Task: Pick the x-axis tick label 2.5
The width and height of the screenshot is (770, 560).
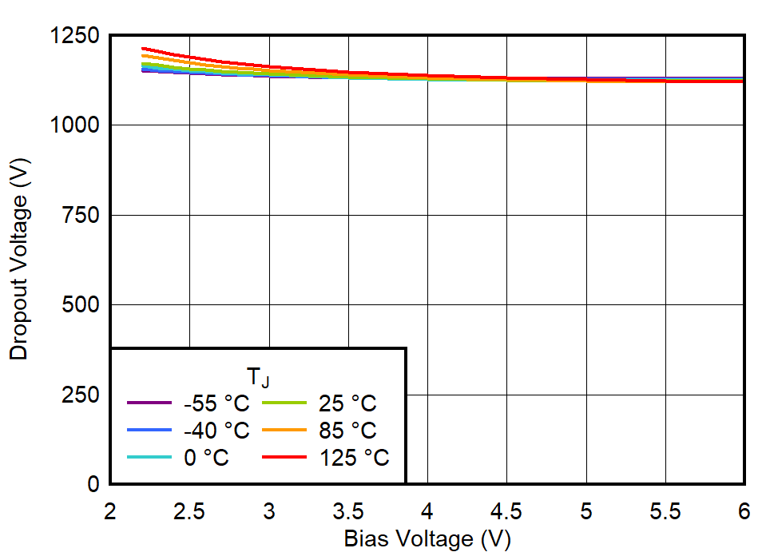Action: tap(189, 511)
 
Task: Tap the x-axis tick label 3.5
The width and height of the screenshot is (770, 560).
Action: tap(348, 511)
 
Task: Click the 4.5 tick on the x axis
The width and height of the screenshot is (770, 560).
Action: tap(506, 511)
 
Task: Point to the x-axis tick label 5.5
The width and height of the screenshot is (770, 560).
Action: tap(665, 511)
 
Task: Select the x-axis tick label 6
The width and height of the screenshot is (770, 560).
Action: tap(744, 511)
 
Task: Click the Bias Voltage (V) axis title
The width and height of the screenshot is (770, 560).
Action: tap(427, 539)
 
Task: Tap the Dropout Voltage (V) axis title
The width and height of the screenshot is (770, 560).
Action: tap(19, 260)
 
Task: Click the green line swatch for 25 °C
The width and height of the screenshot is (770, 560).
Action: tap(285, 403)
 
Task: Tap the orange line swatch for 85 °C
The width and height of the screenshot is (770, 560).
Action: tap(285, 431)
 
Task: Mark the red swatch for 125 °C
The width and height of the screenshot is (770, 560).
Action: tap(285, 458)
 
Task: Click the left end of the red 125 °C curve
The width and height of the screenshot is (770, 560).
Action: tap(143, 49)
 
